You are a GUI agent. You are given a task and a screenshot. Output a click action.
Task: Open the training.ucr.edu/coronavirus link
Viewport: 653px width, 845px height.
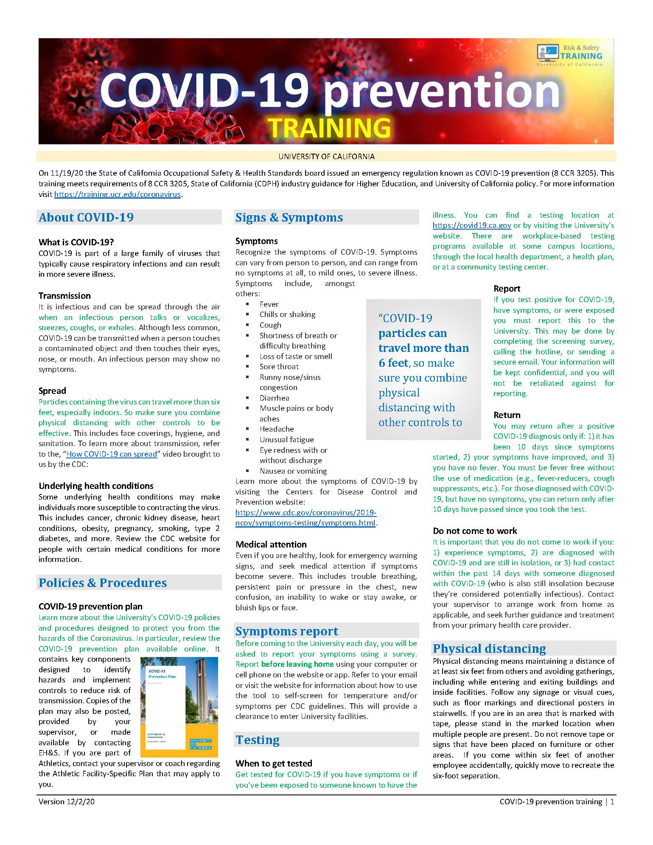point(118,194)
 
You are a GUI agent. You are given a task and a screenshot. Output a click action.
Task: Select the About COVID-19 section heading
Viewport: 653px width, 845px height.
point(86,217)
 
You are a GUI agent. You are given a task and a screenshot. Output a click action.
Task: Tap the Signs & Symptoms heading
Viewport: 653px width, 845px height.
point(289,217)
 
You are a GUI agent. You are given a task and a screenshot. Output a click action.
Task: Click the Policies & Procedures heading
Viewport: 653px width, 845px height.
point(103,583)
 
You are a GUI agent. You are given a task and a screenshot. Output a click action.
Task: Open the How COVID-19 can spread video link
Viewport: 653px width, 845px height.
point(112,454)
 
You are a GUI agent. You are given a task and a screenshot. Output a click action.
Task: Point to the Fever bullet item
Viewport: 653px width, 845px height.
point(269,304)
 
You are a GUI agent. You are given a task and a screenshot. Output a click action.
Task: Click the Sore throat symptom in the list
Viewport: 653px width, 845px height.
point(279,367)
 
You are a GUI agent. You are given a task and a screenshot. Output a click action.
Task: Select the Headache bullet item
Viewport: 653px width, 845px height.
point(277,429)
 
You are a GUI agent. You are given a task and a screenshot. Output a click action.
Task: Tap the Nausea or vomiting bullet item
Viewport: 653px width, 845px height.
point(293,471)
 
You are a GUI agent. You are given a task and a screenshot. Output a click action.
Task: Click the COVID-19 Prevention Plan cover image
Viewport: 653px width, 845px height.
point(179,707)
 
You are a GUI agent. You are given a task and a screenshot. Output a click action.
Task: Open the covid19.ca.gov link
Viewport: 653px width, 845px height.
point(471,225)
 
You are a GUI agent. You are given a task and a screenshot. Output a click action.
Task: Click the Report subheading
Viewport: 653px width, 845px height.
point(507,289)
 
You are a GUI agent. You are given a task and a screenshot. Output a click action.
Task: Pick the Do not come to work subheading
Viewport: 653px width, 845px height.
point(475,531)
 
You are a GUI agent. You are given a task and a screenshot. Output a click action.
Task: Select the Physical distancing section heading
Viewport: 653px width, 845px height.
point(489,648)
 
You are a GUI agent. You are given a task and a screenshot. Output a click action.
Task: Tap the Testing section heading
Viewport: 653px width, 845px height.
point(258,740)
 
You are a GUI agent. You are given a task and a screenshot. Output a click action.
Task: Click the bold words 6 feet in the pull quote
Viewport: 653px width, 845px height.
point(393,363)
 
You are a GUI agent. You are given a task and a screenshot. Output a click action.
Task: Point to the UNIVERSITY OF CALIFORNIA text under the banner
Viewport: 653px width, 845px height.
point(326,157)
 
